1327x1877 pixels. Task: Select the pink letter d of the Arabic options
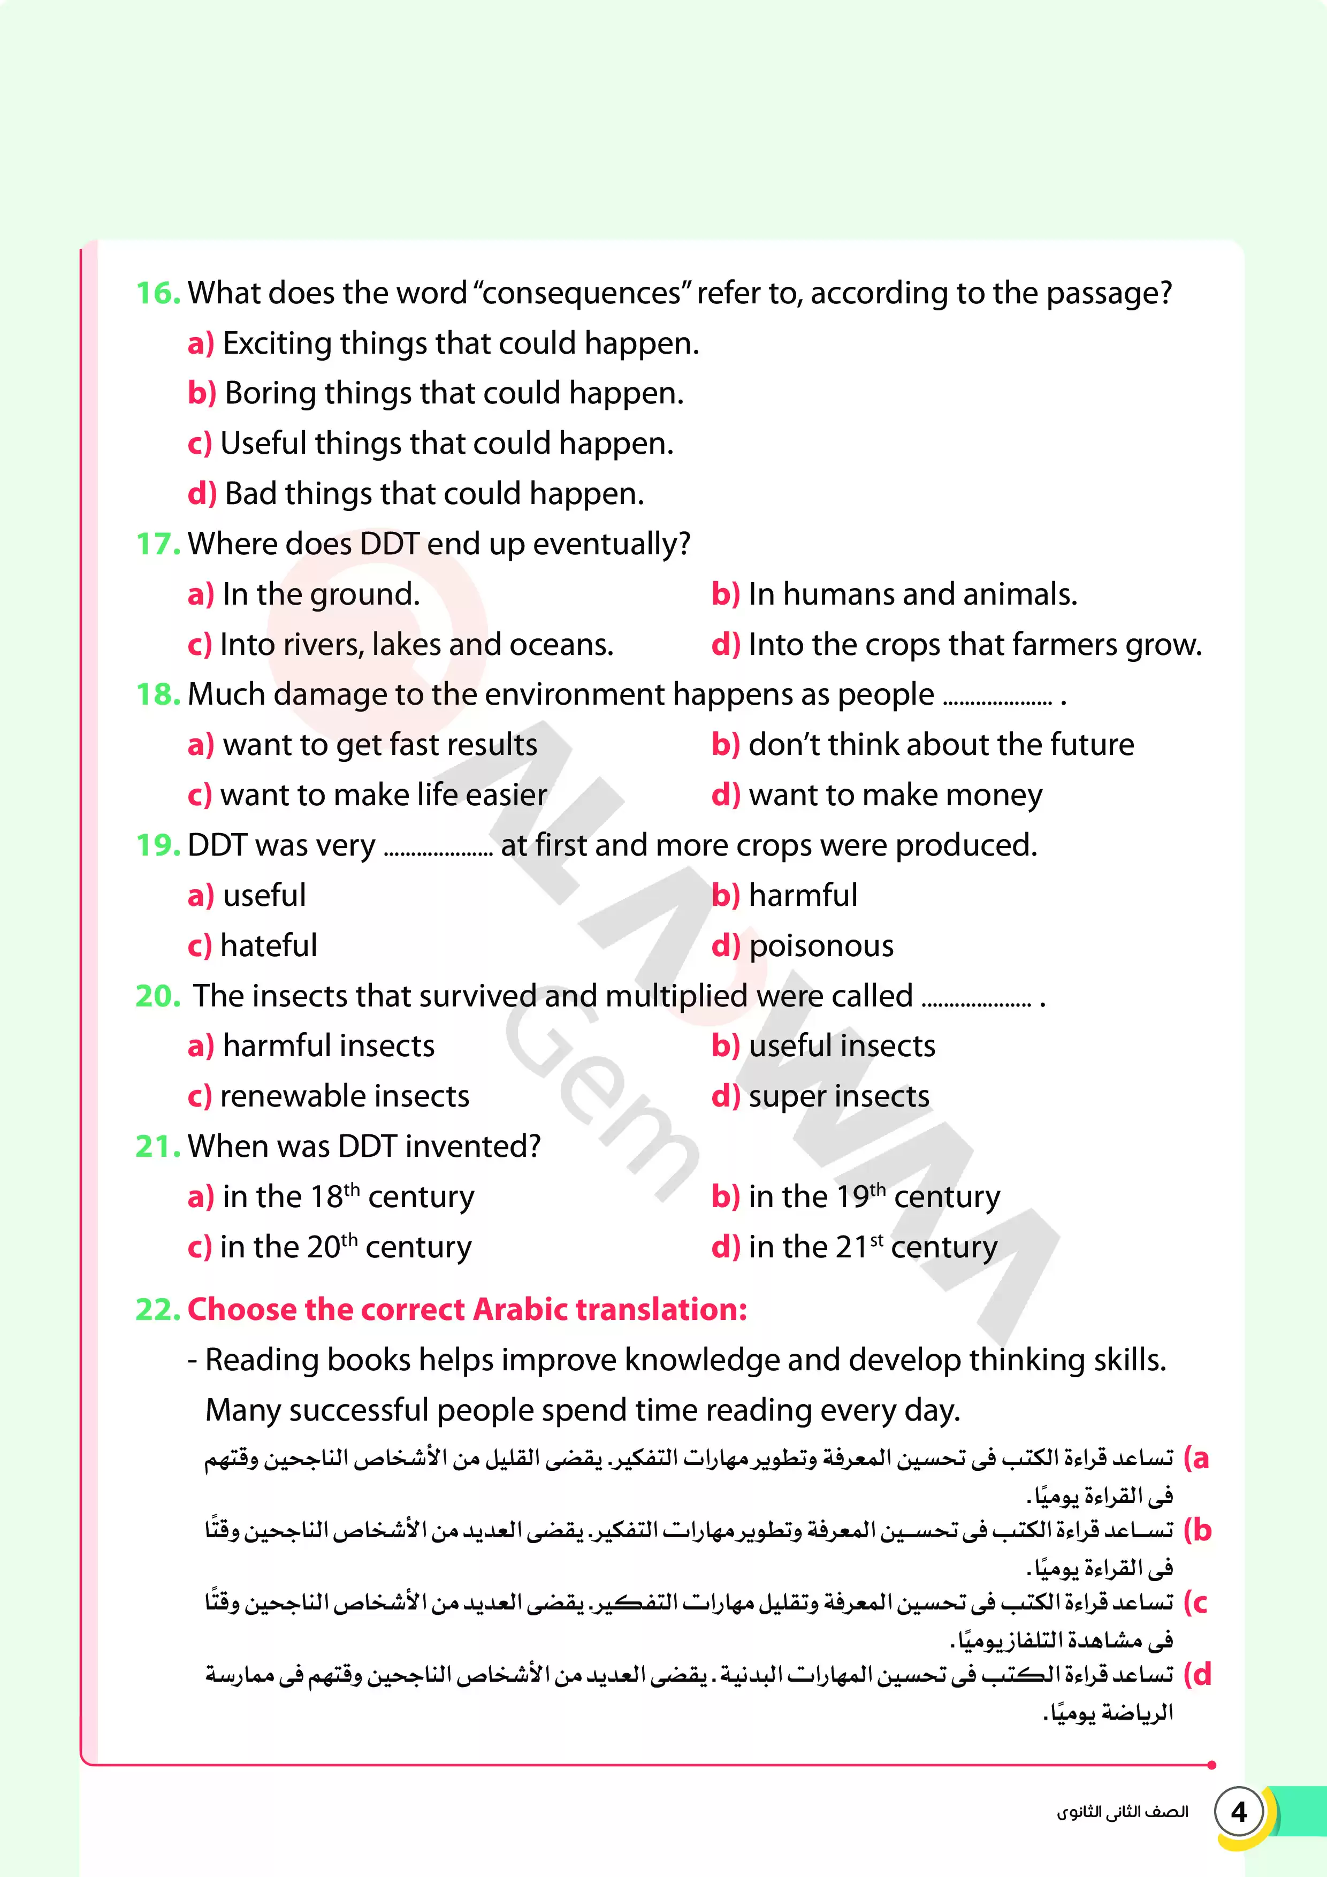(x=1200, y=1674)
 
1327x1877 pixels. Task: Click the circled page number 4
(x=1239, y=1812)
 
